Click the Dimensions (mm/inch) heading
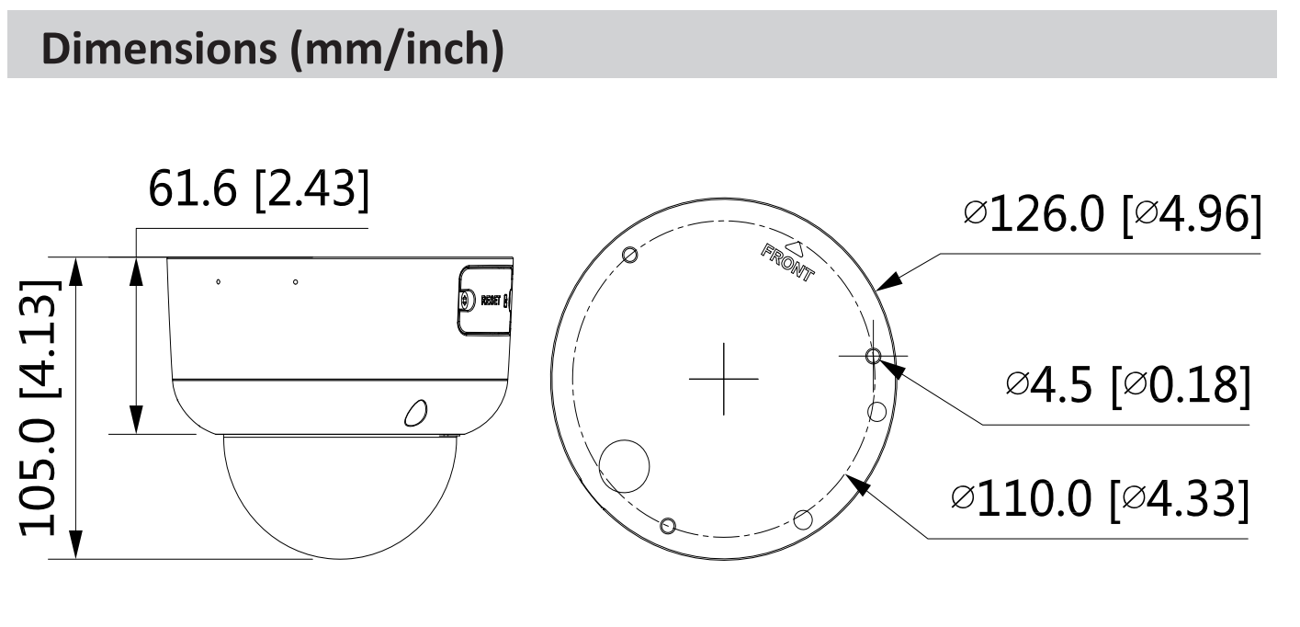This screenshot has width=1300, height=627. [x=273, y=51]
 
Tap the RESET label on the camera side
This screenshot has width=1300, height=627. [x=492, y=301]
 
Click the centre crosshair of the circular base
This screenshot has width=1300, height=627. [x=723, y=378]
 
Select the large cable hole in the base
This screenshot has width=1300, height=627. [x=625, y=462]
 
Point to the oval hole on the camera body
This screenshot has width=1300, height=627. [x=416, y=413]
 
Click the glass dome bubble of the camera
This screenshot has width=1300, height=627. [x=340, y=492]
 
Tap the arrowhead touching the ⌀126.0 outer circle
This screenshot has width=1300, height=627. [x=887, y=282]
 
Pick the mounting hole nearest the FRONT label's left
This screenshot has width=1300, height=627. [x=629, y=255]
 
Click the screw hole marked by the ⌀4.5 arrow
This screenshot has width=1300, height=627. [x=873, y=356]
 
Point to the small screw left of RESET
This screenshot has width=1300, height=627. [x=467, y=301]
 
